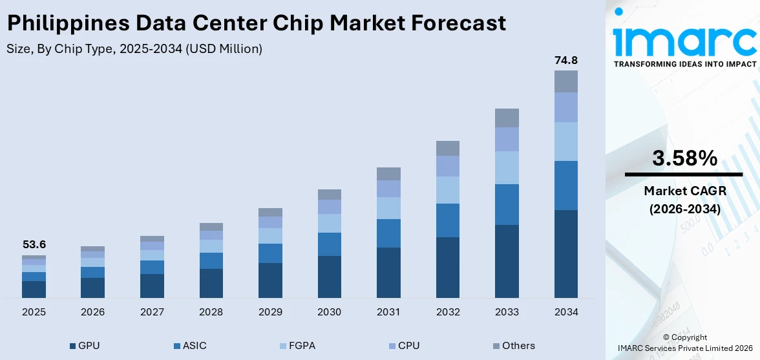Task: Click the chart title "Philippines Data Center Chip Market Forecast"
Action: coord(256,23)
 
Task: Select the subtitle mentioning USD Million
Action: coord(134,49)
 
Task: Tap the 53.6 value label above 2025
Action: coord(34,245)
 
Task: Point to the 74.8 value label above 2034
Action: coord(565,60)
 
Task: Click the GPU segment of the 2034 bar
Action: coord(565,253)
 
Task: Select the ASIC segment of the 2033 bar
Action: coord(507,204)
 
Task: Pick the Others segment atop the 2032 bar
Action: coord(447,148)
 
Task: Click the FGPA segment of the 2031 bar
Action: coord(388,207)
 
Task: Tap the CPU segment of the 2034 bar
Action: coord(565,107)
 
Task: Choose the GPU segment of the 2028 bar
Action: coord(211,283)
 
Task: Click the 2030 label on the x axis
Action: coord(329,312)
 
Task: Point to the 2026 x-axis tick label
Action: coord(92,312)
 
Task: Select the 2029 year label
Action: coord(270,312)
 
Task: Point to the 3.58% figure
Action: coord(684,158)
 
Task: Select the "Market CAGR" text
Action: coord(684,191)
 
